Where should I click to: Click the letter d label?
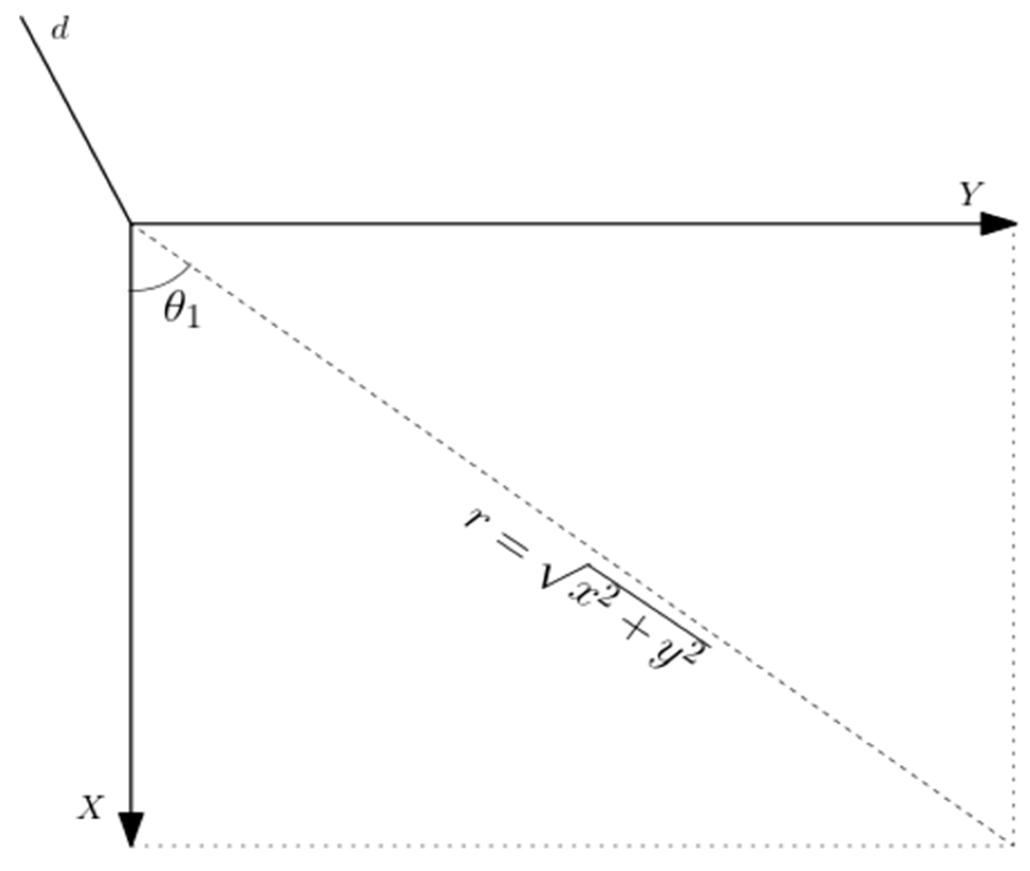point(60,31)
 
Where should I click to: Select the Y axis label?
point(972,194)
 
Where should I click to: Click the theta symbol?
point(175,310)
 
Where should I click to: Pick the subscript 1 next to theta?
point(193,319)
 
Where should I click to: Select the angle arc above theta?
point(163,282)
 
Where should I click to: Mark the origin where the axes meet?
point(131,223)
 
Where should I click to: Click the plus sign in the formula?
point(635,630)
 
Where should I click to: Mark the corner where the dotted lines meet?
point(1013,844)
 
